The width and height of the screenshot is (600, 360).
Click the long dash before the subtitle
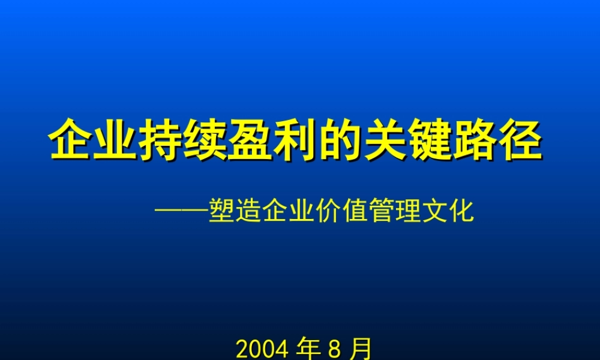point(181,211)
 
